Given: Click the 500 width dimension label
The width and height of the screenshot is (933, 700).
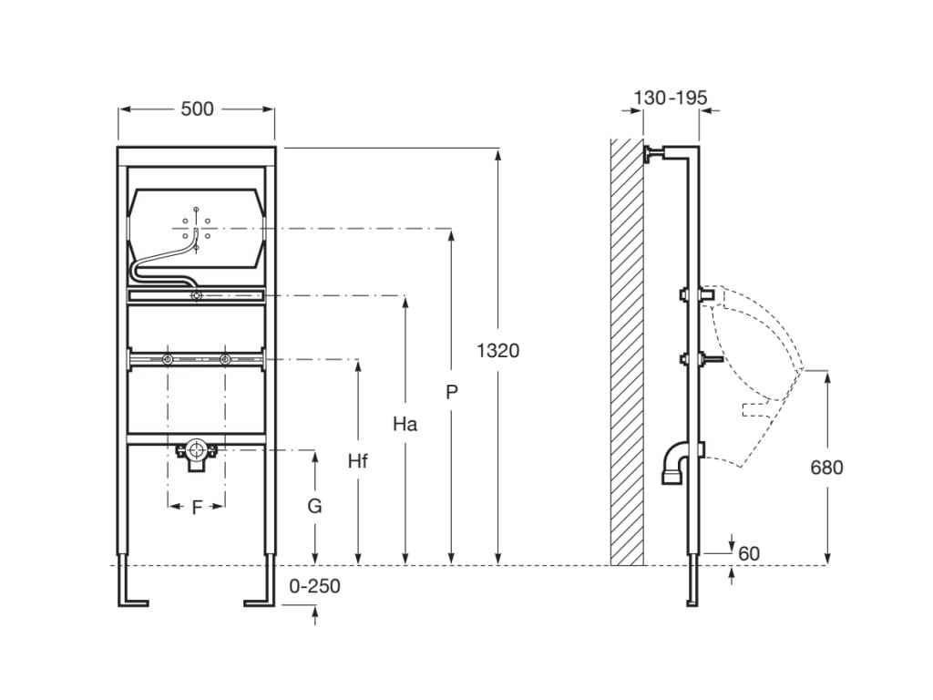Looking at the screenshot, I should pyautogui.click(x=197, y=109).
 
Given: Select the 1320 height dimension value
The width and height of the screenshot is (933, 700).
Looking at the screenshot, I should pyautogui.click(x=498, y=350).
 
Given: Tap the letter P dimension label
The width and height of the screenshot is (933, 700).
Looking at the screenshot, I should pyautogui.click(x=451, y=393).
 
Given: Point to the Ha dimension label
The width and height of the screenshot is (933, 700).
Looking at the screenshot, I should pyautogui.click(x=405, y=424).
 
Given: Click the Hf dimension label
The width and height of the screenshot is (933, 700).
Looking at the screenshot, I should pyautogui.click(x=357, y=461).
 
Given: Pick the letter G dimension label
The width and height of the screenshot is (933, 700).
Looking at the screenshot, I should pyautogui.click(x=314, y=506).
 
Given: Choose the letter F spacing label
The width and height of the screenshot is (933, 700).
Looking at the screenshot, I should pyautogui.click(x=197, y=509).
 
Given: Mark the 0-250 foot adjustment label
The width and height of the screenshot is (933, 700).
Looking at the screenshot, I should pyautogui.click(x=314, y=586).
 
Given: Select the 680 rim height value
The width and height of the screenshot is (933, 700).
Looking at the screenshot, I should pyautogui.click(x=826, y=468).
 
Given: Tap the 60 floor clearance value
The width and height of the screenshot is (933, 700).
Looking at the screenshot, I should pyautogui.click(x=749, y=554).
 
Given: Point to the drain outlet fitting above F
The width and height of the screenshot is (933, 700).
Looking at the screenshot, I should pyautogui.click(x=196, y=453).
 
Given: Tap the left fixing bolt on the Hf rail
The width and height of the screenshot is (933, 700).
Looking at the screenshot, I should pyautogui.click(x=169, y=360).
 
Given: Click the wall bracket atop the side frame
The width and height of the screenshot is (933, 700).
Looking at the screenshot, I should pyautogui.click(x=652, y=154).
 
